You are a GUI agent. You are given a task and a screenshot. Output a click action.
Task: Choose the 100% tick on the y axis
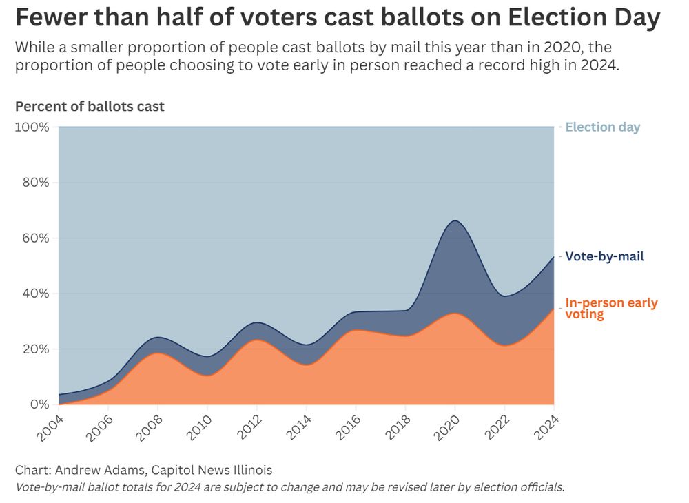[32, 127]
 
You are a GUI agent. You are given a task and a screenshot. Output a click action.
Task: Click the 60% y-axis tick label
[35, 238]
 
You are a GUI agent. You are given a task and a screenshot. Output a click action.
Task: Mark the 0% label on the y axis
[39, 404]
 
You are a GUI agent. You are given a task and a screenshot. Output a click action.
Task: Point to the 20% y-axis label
[35, 349]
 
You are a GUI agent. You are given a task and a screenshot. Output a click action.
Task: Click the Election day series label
[603, 127]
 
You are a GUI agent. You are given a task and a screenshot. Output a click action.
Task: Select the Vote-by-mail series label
[604, 256]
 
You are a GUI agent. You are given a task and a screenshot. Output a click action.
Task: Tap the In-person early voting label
[610, 308]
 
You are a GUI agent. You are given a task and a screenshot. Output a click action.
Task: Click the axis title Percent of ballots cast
[90, 106]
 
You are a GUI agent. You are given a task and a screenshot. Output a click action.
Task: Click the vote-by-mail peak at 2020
[454, 221]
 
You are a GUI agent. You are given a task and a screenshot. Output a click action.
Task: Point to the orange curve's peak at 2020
[454, 314]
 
